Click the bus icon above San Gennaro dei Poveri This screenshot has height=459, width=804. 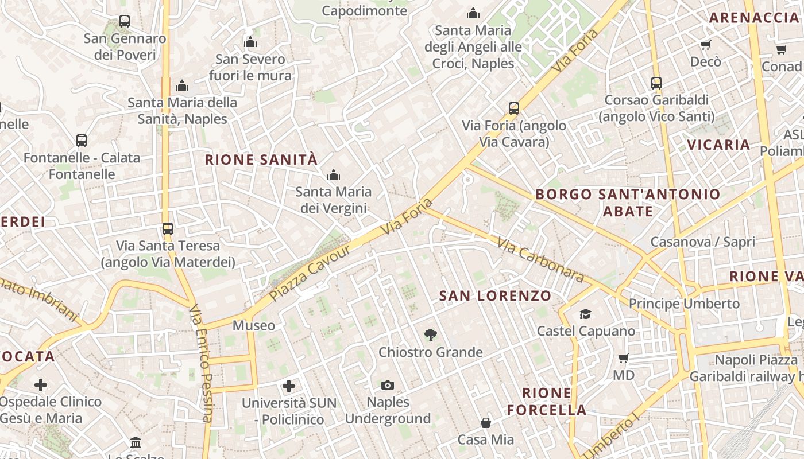point(125,21)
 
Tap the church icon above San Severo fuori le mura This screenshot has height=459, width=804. point(250,42)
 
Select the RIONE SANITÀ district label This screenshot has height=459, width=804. point(261,160)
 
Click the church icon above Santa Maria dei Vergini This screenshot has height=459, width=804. point(333,175)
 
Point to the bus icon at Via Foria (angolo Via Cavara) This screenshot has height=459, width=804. point(514,108)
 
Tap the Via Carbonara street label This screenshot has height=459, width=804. point(540,260)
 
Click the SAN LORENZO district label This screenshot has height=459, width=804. point(495,296)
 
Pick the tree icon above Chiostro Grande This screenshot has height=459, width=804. point(430,335)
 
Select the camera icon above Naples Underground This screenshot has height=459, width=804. point(388,385)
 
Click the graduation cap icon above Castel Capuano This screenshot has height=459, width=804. point(585,314)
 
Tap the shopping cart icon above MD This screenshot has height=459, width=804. point(623,359)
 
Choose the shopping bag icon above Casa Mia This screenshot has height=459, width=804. point(485,423)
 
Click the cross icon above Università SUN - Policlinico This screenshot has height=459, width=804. point(289,386)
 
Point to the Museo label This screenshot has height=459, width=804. point(253,325)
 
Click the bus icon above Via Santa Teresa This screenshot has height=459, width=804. point(167,228)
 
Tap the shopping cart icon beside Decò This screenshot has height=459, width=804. point(705,45)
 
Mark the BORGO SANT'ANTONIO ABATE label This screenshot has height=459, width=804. point(628,203)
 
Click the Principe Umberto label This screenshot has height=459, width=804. point(684,303)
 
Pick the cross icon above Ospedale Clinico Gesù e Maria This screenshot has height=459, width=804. point(41,384)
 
